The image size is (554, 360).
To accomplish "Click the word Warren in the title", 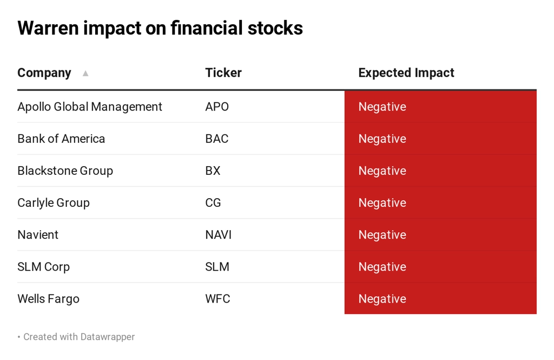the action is pyautogui.click(x=48, y=28).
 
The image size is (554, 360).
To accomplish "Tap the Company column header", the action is pyautogui.click(x=44, y=73).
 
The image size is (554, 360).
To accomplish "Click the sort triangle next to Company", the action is pyautogui.click(x=85, y=73).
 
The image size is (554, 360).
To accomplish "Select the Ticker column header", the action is pyautogui.click(x=223, y=73).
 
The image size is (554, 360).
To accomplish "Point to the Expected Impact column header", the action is pyautogui.click(x=406, y=73).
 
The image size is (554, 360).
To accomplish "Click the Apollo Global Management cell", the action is pyautogui.click(x=90, y=107).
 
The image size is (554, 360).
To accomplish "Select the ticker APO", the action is pyautogui.click(x=217, y=107).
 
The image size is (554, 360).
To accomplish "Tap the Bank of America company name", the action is pyautogui.click(x=61, y=139).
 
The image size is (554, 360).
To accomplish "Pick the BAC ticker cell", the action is pyautogui.click(x=216, y=139).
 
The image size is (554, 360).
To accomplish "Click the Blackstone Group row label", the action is pyautogui.click(x=65, y=171).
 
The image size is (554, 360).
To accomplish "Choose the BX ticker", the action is pyautogui.click(x=213, y=171).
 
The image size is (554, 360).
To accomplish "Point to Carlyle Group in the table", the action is pyautogui.click(x=54, y=203).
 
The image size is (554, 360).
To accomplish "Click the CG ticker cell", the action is pyautogui.click(x=213, y=202).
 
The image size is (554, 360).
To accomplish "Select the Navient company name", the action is pyautogui.click(x=38, y=235).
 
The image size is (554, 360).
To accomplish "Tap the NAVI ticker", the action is pyautogui.click(x=219, y=235).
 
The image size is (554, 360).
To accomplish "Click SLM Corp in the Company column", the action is pyautogui.click(x=43, y=267).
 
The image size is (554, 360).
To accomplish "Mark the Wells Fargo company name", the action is pyautogui.click(x=48, y=299).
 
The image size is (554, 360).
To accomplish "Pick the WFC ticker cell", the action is pyautogui.click(x=217, y=299).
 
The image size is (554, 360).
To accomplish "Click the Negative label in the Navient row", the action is pyautogui.click(x=382, y=235).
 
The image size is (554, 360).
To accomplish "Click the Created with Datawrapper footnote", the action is pyautogui.click(x=79, y=337).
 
